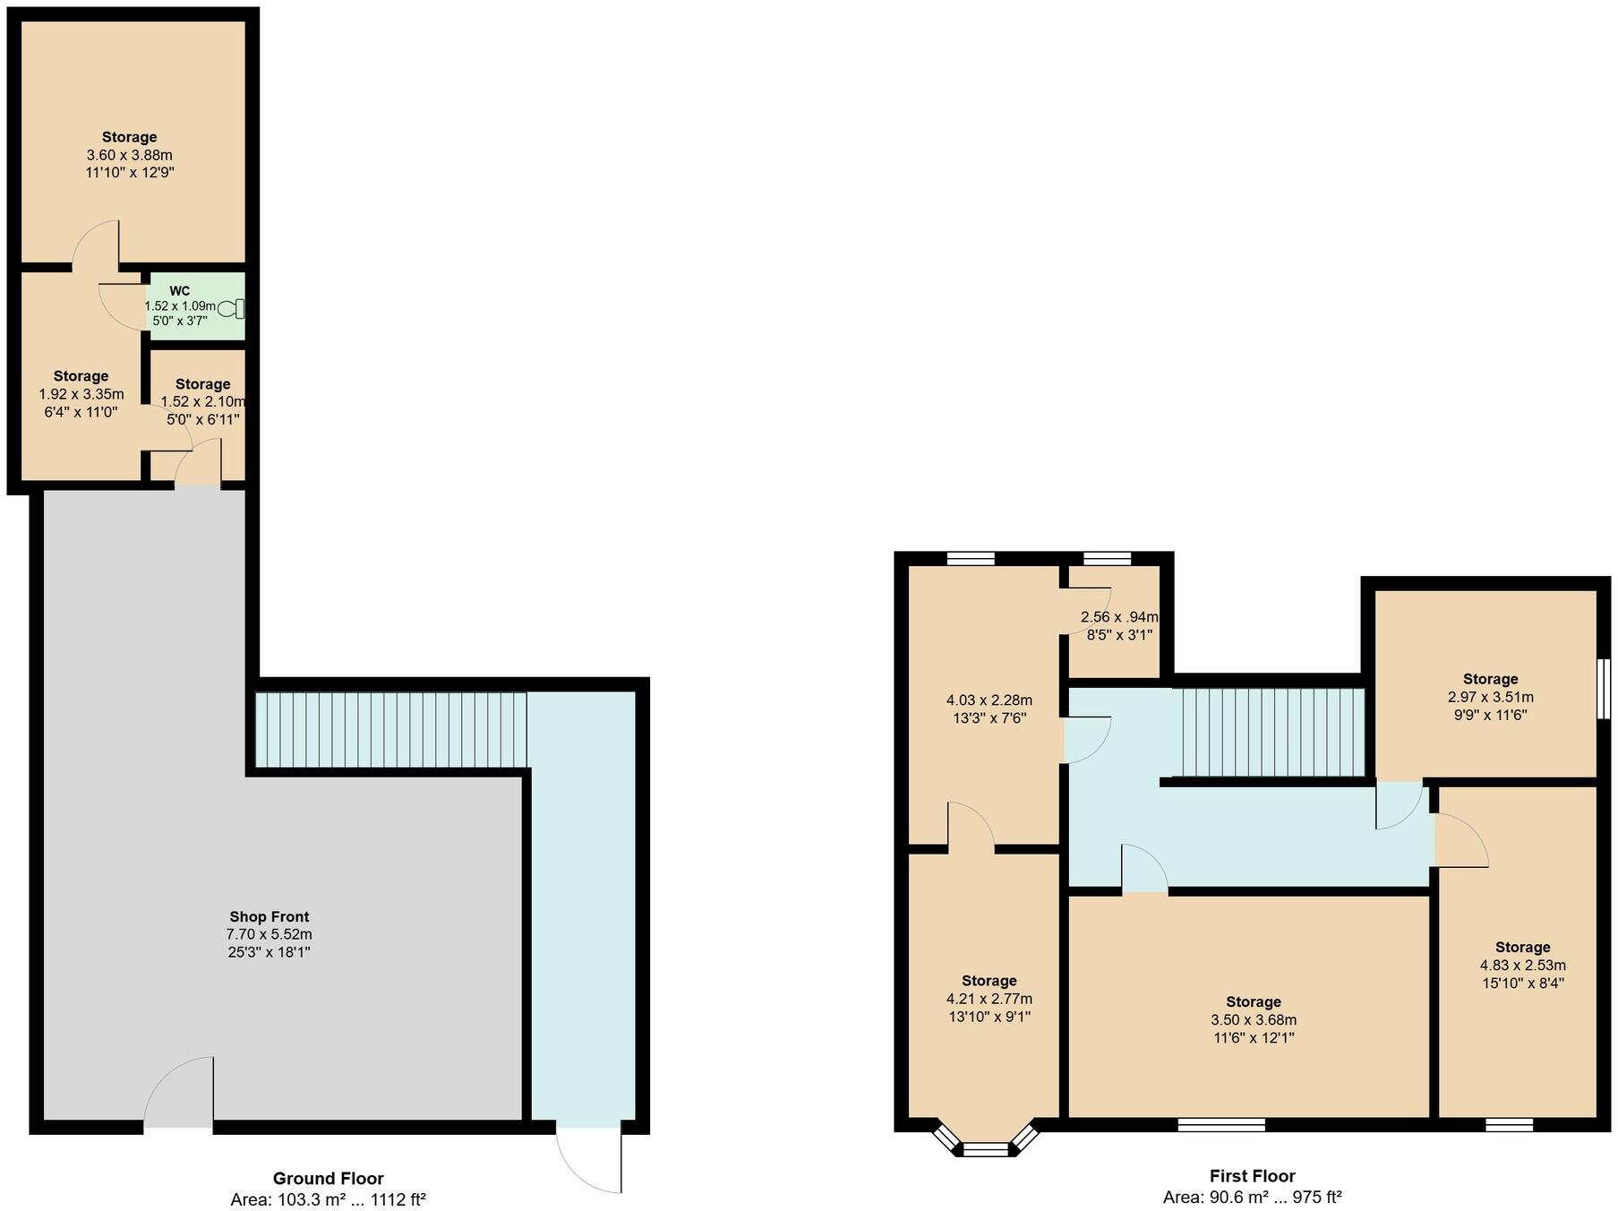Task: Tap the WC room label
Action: click(x=179, y=291)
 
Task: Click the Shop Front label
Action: click(x=269, y=916)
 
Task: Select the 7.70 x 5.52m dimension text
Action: click(x=269, y=934)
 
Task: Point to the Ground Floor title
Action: click(x=328, y=1178)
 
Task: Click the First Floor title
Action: click(x=1252, y=1176)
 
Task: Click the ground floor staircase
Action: click(x=390, y=729)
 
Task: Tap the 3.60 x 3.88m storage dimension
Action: click(x=129, y=155)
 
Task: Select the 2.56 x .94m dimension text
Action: click(x=1119, y=617)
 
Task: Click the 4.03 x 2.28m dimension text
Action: click(x=989, y=700)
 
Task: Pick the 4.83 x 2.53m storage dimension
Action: click(x=1522, y=966)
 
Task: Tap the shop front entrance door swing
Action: click(x=179, y=1093)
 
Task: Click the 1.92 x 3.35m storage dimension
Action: click(x=81, y=394)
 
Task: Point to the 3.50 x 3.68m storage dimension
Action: click(x=1253, y=1019)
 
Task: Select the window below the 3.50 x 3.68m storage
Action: click(x=1220, y=1125)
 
